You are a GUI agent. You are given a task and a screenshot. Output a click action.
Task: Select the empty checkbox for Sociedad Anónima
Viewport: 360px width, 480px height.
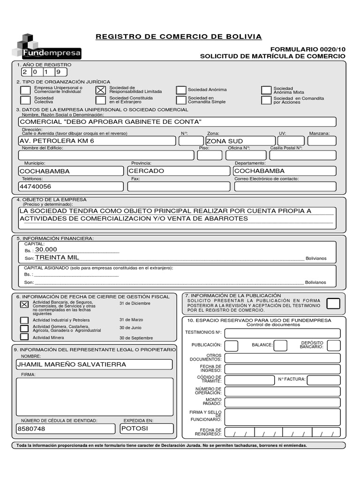(x=181, y=90)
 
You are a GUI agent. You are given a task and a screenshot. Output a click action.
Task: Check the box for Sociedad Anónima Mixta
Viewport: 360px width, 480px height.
(x=266, y=90)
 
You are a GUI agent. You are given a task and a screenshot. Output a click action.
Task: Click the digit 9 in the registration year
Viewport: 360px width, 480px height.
(x=59, y=72)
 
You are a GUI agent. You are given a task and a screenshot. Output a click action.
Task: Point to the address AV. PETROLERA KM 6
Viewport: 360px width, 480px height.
(x=57, y=141)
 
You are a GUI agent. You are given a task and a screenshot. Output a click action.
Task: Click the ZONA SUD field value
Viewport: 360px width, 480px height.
(x=225, y=141)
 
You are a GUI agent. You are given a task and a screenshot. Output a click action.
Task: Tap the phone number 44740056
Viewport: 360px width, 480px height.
(x=35, y=187)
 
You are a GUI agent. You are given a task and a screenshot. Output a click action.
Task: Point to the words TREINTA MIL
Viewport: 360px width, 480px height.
(x=57, y=257)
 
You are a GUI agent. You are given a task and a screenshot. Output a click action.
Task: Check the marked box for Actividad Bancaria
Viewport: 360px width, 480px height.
(x=24, y=304)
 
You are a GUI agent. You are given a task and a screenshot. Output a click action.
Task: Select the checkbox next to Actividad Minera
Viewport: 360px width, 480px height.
(x=24, y=337)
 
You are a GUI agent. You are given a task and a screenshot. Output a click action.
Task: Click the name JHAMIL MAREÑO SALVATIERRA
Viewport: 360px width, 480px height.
(x=71, y=364)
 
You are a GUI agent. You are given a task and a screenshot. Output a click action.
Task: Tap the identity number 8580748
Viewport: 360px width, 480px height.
(x=31, y=429)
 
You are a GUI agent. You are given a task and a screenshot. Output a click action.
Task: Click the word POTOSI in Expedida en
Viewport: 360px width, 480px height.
(x=135, y=428)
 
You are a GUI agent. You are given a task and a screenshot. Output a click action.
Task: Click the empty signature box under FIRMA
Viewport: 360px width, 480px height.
(x=95, y=397)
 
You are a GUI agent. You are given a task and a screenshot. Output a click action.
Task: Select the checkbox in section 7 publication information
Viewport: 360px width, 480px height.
(x=333, y=304)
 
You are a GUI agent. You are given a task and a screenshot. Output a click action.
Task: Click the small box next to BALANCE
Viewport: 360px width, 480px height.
(x=280, y=345)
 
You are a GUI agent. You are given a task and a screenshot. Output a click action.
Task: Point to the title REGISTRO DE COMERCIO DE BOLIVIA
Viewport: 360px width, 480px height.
(x=179, y=37)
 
